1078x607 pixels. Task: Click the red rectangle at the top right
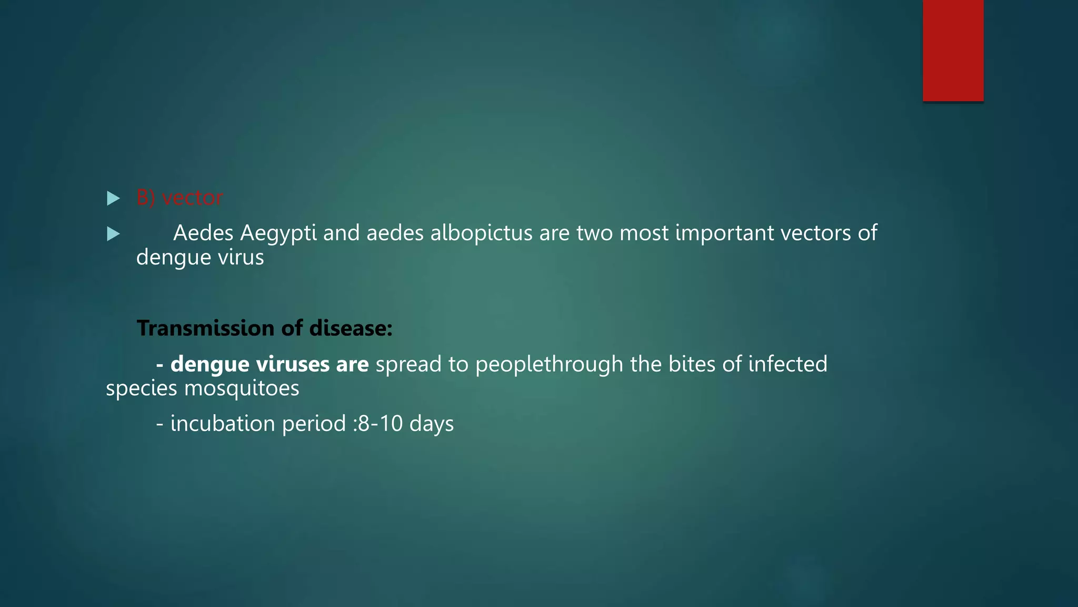click(x=953, y=51)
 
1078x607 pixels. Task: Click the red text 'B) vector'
click(x=179, y=198)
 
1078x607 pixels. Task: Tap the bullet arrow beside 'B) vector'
click(x=113, y=199)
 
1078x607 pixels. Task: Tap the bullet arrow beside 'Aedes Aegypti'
click(x=113, y=234)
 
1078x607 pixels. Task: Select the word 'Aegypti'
click(x=278, y=233)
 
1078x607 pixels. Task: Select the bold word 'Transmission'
click(x=205, y=328)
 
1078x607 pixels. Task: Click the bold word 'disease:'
click(x=351, y=328)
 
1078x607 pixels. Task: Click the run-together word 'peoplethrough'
click(x=549, y=365)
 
